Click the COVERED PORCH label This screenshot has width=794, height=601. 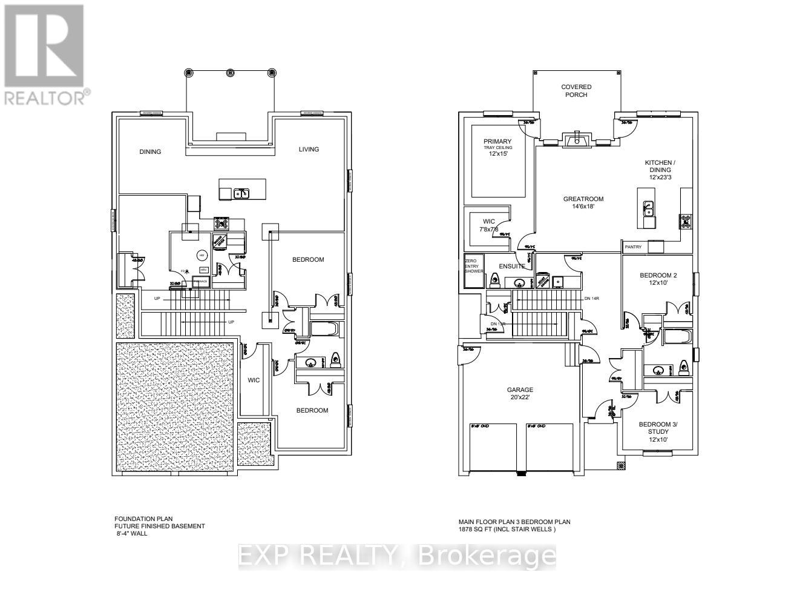pyautogui.click(x=576, y=91)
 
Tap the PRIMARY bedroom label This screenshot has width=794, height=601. pyautogui.click(x=497, y=147)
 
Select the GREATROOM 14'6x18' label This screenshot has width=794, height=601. pyautogui.click(x=583, y=203)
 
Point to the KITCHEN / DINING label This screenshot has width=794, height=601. pyautogui.click(x=660, y=170)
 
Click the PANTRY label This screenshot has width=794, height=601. pyautogui.click(x=633, y=247)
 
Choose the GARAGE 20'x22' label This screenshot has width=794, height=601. pyautogui.click(x=520, y=394)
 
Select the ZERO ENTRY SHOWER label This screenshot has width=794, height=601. pyautogui.click(x=473, y=265)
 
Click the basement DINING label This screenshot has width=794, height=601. pyautogui.click(x=150, y=151)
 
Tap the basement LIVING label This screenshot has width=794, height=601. pyautogui.click(x=309, y=149)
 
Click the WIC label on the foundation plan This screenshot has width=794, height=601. pyautogui.click(x=254, y=380)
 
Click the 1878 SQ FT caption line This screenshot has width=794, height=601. pyautogui.click(x=507, y=529)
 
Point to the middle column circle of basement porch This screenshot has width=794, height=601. pyautogui.click(x=230, y=72)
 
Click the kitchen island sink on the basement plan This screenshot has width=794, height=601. pyautogui.click(x=241, y=193)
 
